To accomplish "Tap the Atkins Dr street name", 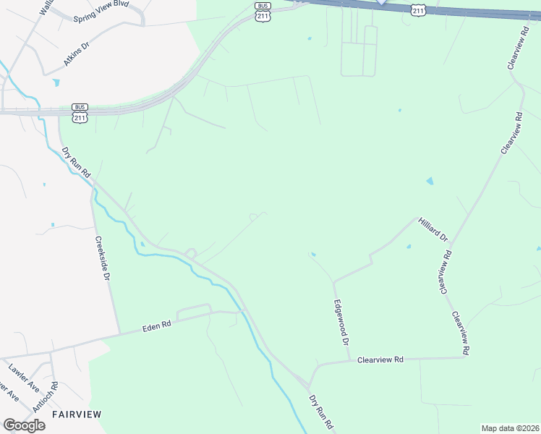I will (77, 54).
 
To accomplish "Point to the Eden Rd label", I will (156, 328).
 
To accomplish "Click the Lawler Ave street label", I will (24, 376).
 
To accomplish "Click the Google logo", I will (25, 425).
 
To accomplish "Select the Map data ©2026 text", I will (509, 428).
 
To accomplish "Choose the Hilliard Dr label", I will (433, 228).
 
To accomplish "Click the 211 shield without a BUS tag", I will (418, 9).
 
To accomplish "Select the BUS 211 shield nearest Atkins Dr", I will (80, 114).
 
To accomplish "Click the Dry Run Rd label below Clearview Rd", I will (320, 414).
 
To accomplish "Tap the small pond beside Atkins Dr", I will (55, 82).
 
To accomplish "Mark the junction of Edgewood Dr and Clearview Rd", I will (349, 359).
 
